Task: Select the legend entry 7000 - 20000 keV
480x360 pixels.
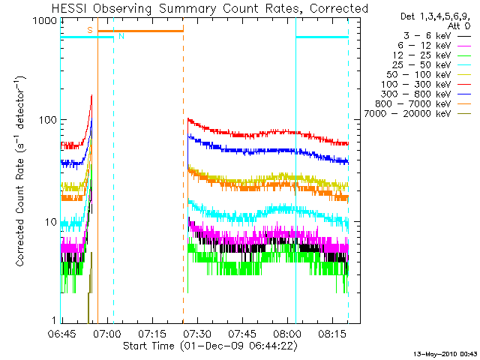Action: coord(414,113)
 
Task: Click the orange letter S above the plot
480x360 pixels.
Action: coord(89,30)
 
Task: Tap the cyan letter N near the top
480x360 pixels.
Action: coord(121,36)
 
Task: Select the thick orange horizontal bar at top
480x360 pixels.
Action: coord(140,31)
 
